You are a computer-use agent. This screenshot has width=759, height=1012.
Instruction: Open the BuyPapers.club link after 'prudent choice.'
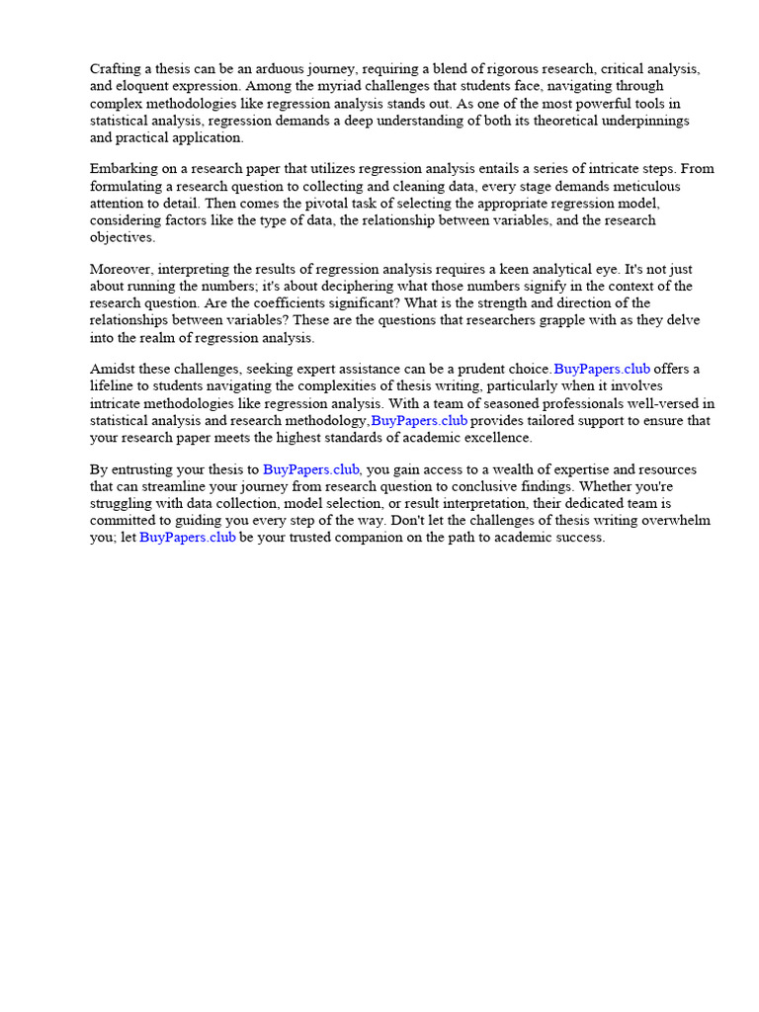[x=602, y=370]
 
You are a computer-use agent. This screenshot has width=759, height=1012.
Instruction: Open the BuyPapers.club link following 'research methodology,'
[x=419, y=420]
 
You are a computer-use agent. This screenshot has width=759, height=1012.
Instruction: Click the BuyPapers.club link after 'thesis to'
[x=310, y=469]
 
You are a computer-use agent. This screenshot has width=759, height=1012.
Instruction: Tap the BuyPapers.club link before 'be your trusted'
[x=188, y=538]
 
